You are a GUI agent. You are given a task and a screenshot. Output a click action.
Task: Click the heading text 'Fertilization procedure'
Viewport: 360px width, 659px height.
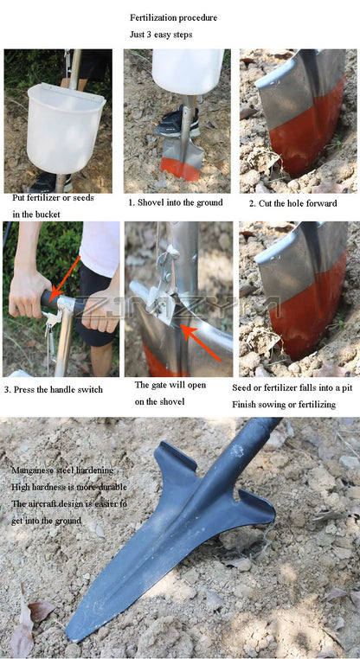[173, 17]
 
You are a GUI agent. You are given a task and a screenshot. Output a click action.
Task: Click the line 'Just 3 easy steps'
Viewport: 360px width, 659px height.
[161, 35]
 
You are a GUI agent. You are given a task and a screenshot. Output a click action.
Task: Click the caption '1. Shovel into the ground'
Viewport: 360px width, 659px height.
[176, 202]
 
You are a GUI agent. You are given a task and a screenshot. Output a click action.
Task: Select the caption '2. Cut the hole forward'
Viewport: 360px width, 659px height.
[292, 203]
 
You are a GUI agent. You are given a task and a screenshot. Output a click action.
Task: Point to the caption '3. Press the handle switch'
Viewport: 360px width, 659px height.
[53, 389]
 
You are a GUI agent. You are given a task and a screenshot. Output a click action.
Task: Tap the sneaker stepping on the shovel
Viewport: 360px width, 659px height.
[173, 122]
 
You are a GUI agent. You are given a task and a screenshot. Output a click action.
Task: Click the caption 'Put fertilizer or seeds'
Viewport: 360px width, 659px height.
[54, 197]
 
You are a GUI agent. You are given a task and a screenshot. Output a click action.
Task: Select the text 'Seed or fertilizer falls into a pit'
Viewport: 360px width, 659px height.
[294, 387]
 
